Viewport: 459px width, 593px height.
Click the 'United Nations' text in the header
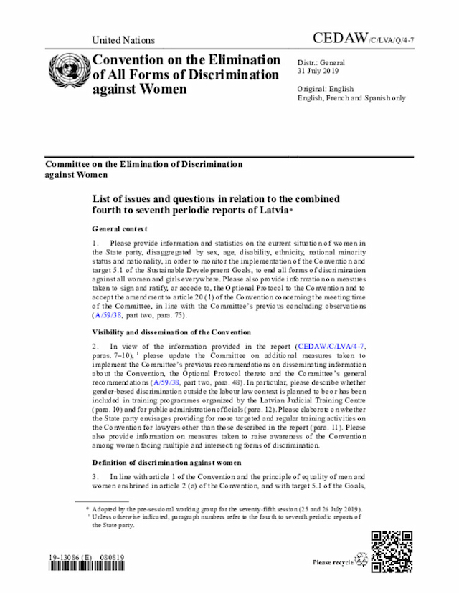pos(123,40)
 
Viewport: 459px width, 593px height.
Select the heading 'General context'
pos(120,229)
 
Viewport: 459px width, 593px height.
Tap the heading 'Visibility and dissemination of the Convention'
pos(171,332)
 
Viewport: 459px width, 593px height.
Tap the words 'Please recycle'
pos(333,563)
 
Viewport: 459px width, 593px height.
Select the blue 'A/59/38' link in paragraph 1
pos(108,314)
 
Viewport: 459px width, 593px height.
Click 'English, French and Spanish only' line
pos(351,98)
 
